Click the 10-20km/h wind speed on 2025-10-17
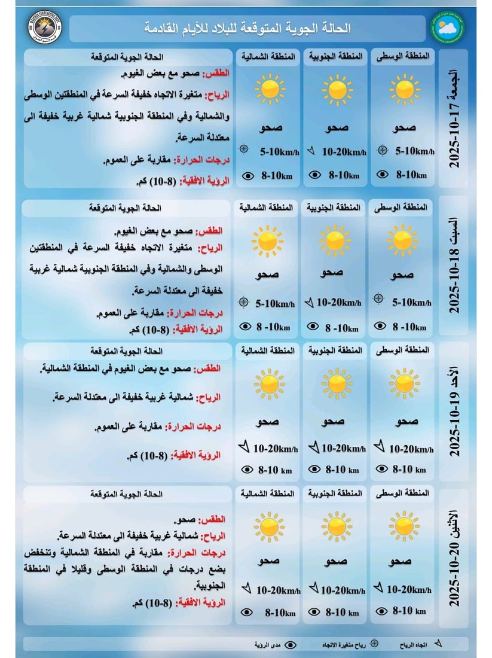[343, 153]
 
